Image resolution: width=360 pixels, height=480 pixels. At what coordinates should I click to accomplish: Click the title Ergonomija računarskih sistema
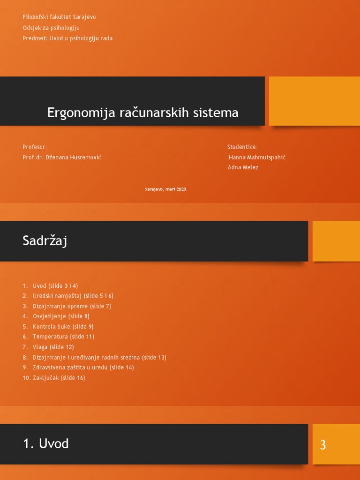[142, 112]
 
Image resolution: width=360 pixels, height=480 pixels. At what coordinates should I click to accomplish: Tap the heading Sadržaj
[45, 241]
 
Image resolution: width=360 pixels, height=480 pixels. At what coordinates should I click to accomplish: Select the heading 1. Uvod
[46, 443]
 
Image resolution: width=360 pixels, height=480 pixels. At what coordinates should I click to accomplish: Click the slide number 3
[322, 445]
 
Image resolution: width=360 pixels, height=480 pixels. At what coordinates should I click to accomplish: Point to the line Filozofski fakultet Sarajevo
[59, 17]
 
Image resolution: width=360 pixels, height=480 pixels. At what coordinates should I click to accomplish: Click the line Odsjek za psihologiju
[51, 28]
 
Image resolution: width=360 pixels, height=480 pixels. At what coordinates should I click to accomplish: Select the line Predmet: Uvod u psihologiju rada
[67, 38]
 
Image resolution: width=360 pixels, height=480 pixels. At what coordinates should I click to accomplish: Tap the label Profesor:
[35, 147]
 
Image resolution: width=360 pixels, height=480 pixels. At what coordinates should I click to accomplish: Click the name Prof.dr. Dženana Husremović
[61, 157]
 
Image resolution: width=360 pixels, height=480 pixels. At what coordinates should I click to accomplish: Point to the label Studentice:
[242, 147]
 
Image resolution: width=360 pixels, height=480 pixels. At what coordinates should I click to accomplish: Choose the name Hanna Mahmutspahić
[257, 157]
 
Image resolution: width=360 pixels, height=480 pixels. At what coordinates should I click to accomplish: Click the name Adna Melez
[243, 167]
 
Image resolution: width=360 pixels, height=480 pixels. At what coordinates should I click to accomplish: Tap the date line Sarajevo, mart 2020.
[166, 189]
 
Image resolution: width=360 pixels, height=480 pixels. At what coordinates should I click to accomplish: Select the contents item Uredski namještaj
[73, 296]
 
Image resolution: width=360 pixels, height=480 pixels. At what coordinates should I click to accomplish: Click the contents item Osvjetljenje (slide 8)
[61, 316]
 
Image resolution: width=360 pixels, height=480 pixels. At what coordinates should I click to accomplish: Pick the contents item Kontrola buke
[63, 327]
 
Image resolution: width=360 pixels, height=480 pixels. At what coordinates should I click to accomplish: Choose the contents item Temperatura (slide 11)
[63, 337]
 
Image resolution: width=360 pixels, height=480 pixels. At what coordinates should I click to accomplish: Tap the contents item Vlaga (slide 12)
[53, 347]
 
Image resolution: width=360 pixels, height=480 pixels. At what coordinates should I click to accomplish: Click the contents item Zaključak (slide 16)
[59, 378]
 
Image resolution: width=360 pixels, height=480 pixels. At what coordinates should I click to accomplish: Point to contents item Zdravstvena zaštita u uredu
[83, 367]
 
